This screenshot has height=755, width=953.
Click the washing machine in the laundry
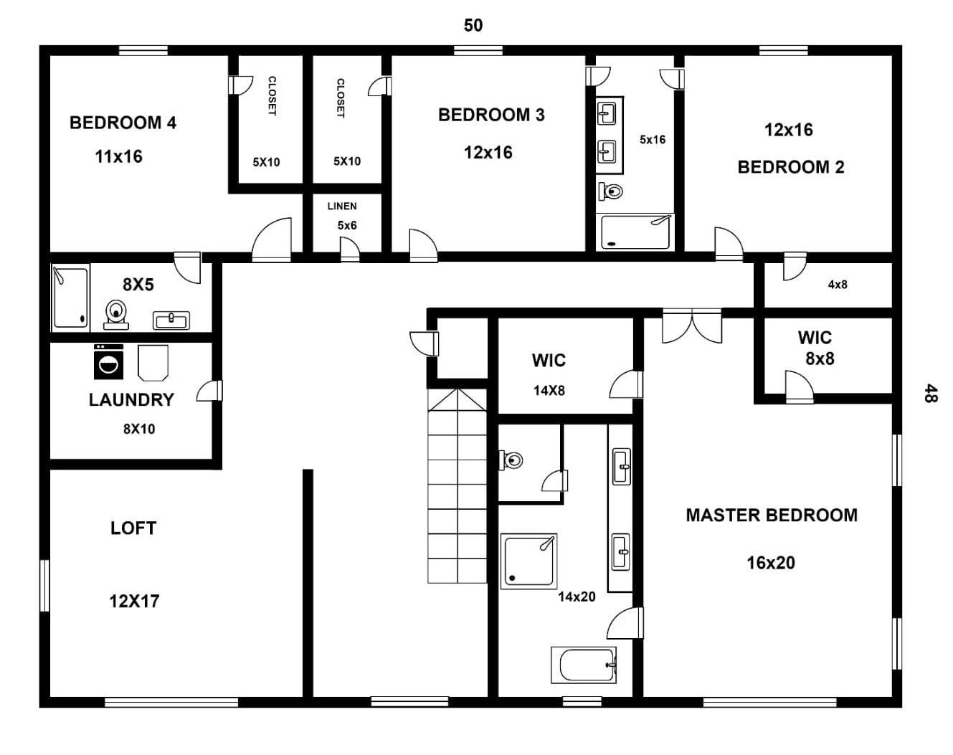click(x=108, y=362)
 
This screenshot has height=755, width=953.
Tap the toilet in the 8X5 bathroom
click(x=116, y=315)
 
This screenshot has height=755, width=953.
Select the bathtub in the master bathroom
click(x=584, y=665)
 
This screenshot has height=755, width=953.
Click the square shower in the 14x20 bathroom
click(x=528, y=561)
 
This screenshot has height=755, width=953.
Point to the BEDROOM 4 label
click(x=123, y=123)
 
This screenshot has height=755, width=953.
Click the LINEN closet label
click(x=342, y=206)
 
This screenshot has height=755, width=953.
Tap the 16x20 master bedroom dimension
click(x=771, y=563)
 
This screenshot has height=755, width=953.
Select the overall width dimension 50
click(x=473, y=25)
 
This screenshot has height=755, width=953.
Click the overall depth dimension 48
click(x=931, y=393)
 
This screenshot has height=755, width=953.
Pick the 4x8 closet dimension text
click(x=838, y=284)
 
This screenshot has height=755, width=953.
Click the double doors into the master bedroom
click(x=692, y=326)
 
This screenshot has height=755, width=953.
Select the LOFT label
click(x=133, y=528)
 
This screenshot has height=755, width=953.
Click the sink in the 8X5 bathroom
click(x=171, y=320)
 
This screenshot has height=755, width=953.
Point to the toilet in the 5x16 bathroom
click(x=611, y=191)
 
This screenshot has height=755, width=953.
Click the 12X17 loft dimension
click(x=134, y=602)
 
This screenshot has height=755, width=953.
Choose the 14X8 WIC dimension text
click(x=549, y=391)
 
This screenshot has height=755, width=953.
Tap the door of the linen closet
click(x=350, y=250)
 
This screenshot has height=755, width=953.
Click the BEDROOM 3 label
click(x=491, y=115)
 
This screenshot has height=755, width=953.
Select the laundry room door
click(x=209, y=391)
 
